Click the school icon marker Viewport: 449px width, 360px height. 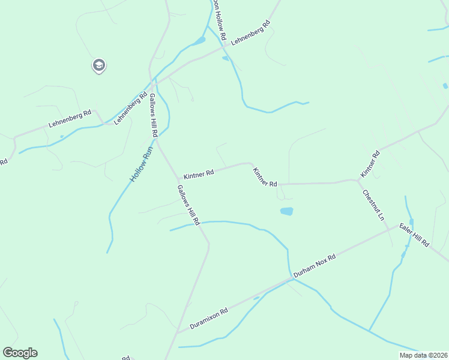point(99,65)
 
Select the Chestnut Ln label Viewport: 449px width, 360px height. point(372,205)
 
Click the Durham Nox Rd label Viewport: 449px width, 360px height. point(314,266)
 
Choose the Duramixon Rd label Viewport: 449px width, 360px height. point(209,319)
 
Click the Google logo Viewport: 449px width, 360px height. point(20,353)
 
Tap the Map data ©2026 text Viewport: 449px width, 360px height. point(423,355)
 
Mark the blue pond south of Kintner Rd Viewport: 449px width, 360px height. point(286,211)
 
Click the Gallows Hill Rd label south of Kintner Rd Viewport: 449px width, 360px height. point(188,205)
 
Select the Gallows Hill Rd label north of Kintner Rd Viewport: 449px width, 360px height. point(153,115)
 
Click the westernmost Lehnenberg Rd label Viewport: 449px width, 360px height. point(70,119)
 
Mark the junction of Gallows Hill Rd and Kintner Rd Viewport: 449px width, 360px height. point(178,179)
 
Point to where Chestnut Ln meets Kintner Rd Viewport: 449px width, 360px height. point(358,180)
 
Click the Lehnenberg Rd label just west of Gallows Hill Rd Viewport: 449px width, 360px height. point(130,108)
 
